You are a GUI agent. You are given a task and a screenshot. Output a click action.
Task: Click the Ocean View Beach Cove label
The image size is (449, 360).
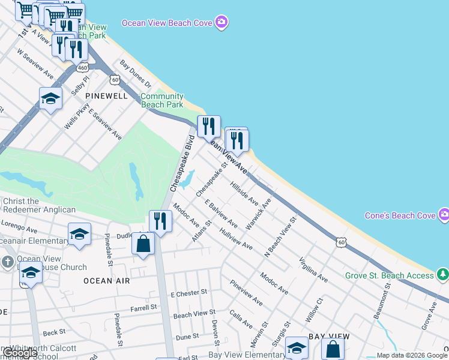tap(167, 23)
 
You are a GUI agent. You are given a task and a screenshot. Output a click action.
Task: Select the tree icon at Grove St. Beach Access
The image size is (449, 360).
tap(443, 275)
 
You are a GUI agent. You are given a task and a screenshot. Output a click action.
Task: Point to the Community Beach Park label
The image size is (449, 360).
tap(162, 100)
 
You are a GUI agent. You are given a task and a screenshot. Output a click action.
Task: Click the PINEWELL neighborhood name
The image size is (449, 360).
tap(106, 96)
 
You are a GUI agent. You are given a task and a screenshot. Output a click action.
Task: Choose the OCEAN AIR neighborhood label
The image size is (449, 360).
tap(106, 280)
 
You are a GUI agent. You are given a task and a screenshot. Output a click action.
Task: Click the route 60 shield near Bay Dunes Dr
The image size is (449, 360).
tap(114, 79)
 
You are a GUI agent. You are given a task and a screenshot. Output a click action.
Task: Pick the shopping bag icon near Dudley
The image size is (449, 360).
tap(143, 244)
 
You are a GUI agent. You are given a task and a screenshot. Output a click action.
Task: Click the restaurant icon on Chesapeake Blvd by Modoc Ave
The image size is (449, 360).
tap(160, 221)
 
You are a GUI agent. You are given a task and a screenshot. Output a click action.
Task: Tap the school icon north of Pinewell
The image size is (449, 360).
tap(50, 98)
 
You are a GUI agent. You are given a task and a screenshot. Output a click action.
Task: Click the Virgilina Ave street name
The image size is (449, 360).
tap(313, 270)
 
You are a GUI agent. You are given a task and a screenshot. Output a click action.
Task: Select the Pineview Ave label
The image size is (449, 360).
tap(246, 293)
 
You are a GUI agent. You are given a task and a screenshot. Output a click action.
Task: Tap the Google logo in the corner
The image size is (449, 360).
tap(19, 353)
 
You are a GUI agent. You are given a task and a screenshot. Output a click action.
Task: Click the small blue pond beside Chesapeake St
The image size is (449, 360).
tap(187, 178)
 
